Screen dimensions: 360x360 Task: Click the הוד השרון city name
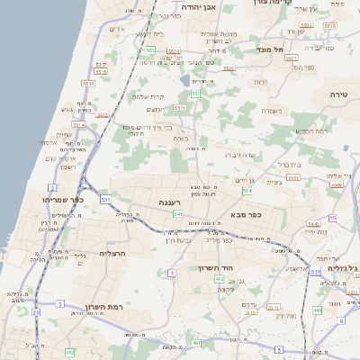(x=216, y=268)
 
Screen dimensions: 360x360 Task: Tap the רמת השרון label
(x=103, y=307)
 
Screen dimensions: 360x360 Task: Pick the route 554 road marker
(x=246, y=191)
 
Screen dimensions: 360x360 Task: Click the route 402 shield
(x=219, y=280)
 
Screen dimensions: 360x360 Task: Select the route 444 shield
(x=318, y=310)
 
